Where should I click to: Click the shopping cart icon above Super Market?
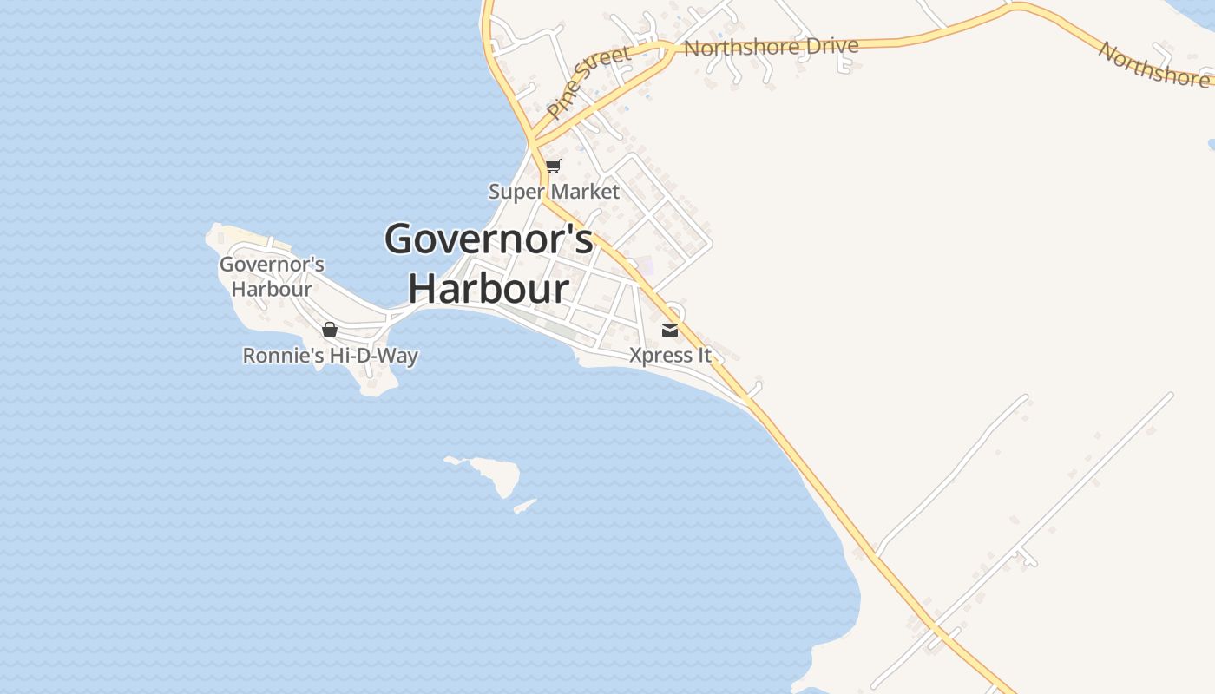(553, 166)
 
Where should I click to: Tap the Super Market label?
(554, 192)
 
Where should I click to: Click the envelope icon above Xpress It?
(670, 331)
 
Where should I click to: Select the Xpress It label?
(670, 356)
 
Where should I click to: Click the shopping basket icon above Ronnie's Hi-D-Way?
(329, 330)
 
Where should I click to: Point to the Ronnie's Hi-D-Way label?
(330, 356)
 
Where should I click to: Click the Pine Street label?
(589, 83)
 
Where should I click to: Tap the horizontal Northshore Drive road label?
(771, 47)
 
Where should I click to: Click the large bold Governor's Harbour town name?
(489, 263)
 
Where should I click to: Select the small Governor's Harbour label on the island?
(272, 277)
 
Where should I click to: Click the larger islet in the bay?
(496, 474)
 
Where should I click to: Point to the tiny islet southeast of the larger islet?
(525, 506)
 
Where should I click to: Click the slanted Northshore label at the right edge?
(1153, 63)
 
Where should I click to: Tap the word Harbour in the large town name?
(489, 288)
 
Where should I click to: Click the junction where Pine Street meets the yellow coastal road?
(532, 140)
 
